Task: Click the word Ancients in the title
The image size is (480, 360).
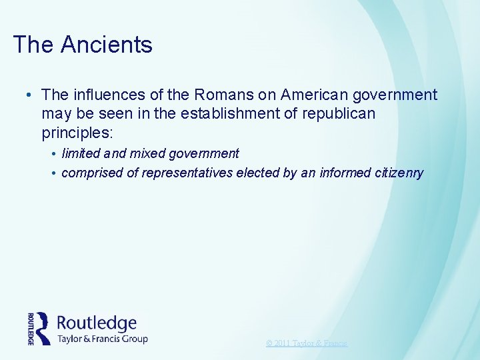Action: click(107, 45)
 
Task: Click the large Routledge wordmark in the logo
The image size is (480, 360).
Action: click(97, 323)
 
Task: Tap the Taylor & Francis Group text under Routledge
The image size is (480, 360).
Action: click(102, 338)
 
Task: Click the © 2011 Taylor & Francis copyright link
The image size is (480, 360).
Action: click(307, 343)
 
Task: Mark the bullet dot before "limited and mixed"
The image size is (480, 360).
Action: click(53, 154)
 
